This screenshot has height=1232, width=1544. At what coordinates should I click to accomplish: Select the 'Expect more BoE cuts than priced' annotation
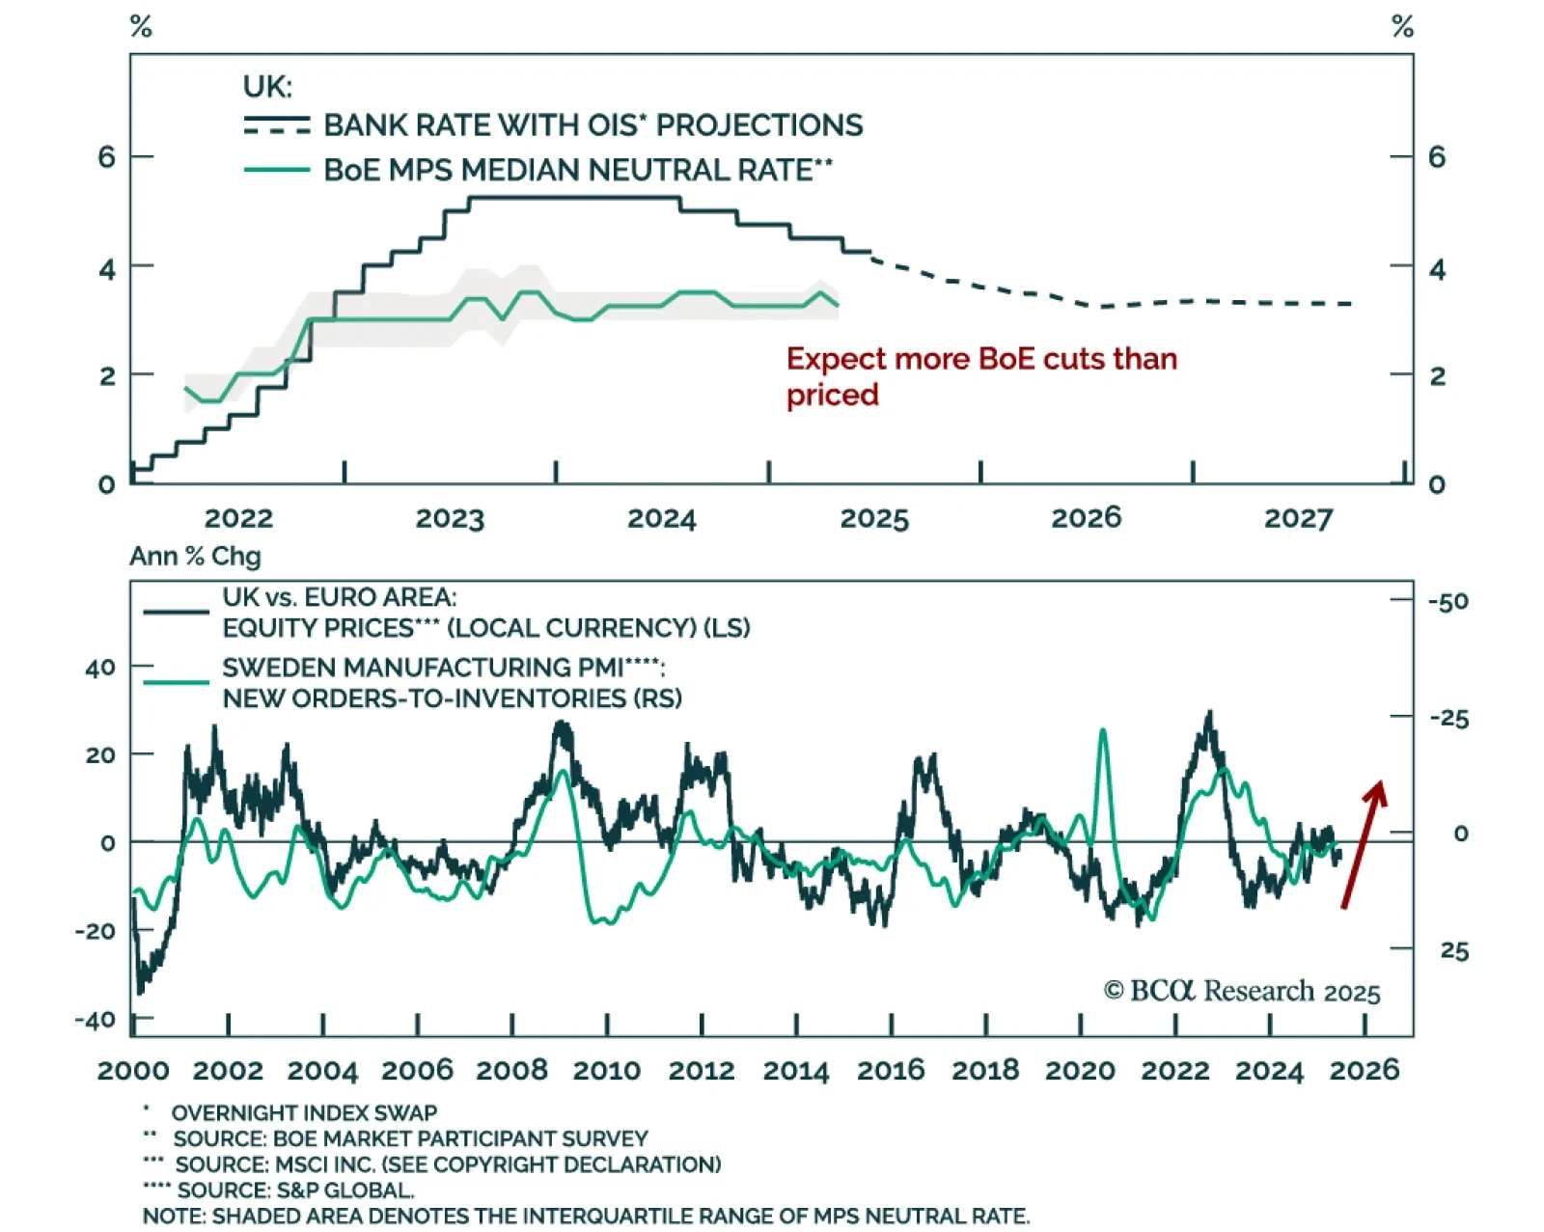[980, 376]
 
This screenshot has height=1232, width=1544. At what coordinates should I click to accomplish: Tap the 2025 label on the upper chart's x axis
[873, 519]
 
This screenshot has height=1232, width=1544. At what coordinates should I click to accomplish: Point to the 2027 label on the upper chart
[1298, 519]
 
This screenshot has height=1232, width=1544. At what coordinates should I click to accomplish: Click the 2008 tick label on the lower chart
[511, 1070]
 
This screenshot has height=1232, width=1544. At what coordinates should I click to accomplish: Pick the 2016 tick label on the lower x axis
[891, 1070]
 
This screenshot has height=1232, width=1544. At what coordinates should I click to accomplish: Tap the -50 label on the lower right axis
[1447, 602]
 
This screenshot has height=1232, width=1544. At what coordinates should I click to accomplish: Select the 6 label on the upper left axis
[106, 157]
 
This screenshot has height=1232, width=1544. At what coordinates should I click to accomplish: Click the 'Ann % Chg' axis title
[195, 557]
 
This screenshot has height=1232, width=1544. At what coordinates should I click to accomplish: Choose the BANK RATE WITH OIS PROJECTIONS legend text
[593, 125]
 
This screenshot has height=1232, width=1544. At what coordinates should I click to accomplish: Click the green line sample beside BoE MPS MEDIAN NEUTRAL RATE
[277, 170]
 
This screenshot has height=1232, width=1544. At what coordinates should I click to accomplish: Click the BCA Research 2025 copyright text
[1242, 992]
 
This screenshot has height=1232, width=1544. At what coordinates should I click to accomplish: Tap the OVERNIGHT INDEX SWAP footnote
[304, 1113]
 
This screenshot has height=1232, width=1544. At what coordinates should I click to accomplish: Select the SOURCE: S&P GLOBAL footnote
[295, 1191]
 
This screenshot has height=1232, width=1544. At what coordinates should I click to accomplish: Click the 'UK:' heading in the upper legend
[267, 87]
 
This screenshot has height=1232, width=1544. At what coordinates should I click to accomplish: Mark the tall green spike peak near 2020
[1103, 731]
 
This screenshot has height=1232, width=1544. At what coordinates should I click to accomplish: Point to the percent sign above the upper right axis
[1402, 27]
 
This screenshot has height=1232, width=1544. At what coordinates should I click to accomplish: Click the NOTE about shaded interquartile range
[586, 1217]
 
